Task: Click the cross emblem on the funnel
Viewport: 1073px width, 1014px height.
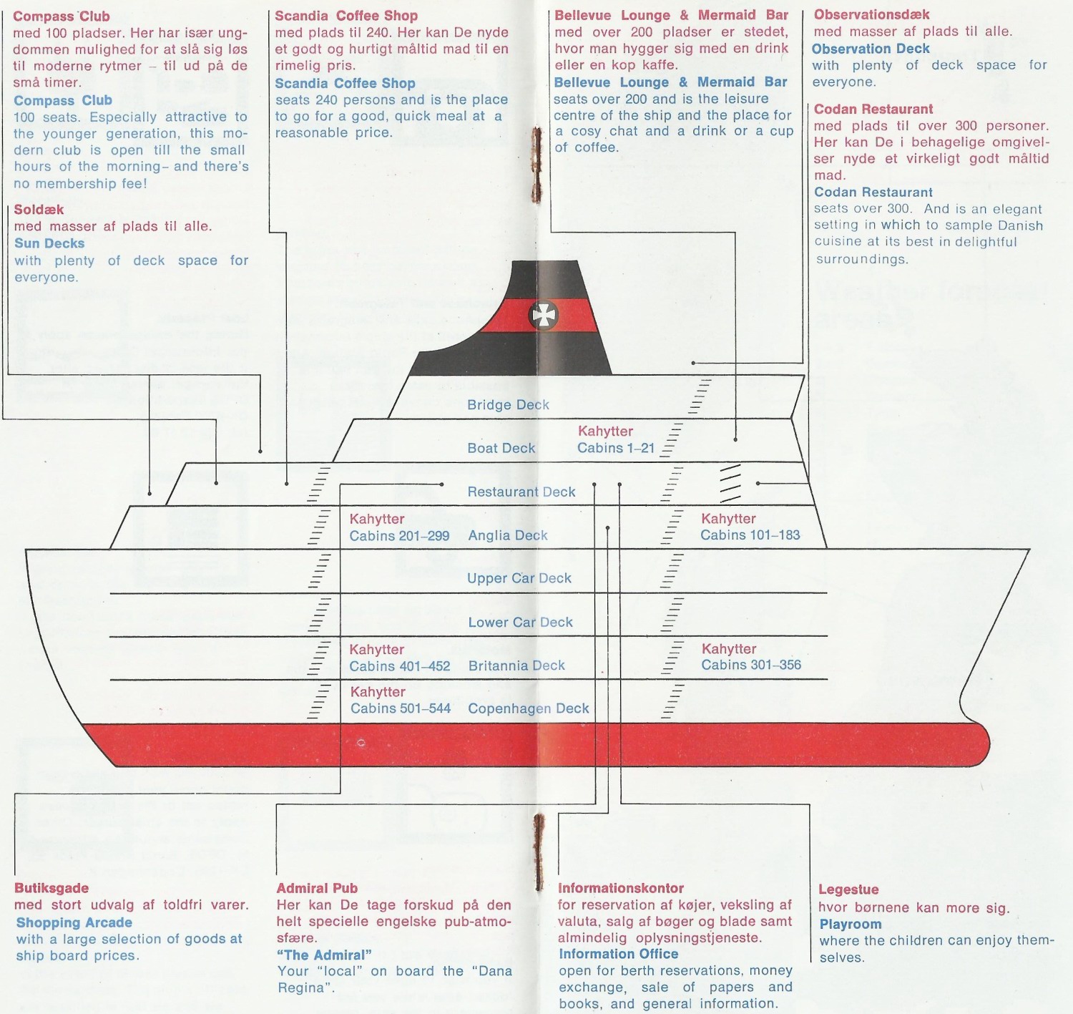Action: pyautogui.click(x=544, y=315)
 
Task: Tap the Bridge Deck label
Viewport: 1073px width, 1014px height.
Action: pyautogui.click(x=508, y=405)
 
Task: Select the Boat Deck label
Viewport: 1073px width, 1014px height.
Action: pyautogui.click(x=501, y=449)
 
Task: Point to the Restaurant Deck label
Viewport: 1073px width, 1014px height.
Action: pyautogui.click(x=521, y=492)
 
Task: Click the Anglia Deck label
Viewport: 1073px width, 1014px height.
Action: pyautogui.click(x=508, y=536)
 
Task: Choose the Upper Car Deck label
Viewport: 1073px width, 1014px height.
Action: pyautogui.click(x=519, y=579)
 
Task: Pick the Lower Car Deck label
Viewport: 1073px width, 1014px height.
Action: pyautogui.click(x=520, y=623)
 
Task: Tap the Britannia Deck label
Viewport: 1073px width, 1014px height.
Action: pyautogui.click(x=516, y=666)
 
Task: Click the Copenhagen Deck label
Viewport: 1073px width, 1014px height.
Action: pyautogui.click(x=528, y=709)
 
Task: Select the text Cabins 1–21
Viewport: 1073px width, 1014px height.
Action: pyautogui.click(x=616, y=449)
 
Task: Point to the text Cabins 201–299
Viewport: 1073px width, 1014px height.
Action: pyautogui.click(x=399, y=536)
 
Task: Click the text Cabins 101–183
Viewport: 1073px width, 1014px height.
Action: pyautogui.click(x=750, y=535)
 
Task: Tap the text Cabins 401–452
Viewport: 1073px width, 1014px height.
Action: pyautogui.click(x=399, y=667)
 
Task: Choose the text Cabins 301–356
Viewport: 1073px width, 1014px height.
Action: pyautogui.click(x=750, y=666)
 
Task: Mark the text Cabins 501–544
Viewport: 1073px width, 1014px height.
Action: pyautogui.click(x=400, y=709)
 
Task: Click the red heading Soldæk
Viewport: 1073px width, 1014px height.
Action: pyautogui.click(x=39, y=210)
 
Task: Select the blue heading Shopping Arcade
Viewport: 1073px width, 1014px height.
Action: pyautogui.click(x=74, y=923)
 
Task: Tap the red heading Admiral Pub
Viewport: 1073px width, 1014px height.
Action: pyautogui.click(x=317, y=889)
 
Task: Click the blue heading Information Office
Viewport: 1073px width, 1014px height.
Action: pyautogui.click(x=618, y=955)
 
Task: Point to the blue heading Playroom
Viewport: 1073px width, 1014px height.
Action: pyautogui.click(x=850, y=925)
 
